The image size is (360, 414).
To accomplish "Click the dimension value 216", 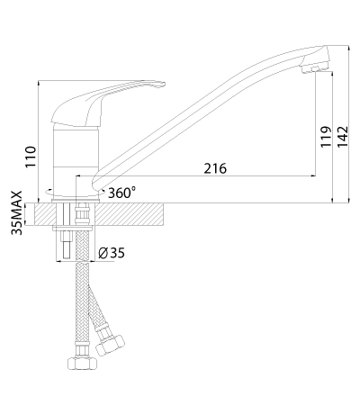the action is tap(215, 168).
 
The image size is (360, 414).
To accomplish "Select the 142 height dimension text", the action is tap(342, 137).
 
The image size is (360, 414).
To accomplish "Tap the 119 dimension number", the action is tap(326, 137).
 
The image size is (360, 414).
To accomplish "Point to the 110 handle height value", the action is tap(31, 157).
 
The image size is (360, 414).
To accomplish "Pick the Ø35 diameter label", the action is tap(112, 253).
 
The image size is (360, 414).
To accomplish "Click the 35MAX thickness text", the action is tap(17, 212).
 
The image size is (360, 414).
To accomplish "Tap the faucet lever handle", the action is tap(99, 102).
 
